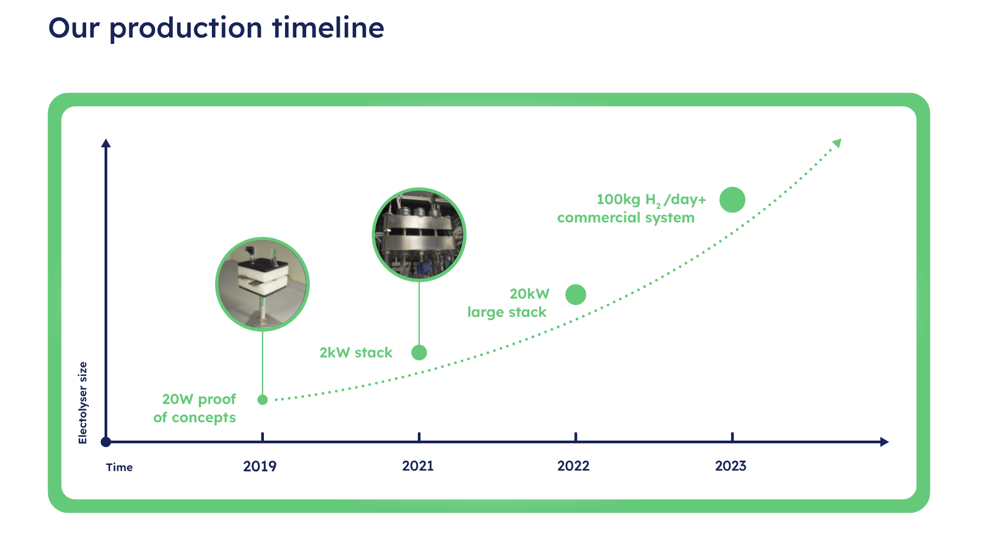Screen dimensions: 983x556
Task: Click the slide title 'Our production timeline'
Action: tap(216, 28)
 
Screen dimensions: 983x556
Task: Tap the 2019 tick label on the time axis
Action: tap(260, 466)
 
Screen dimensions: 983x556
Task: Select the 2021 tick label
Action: tap(418, 466)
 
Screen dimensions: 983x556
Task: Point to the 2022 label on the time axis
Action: tap(573, 466)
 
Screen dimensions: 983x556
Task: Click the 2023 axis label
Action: tap(730, 466)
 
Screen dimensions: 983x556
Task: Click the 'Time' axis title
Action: tap(119, 467)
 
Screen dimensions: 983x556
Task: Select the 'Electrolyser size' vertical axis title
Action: tap(82, 403)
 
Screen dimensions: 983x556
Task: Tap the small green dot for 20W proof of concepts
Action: tap(263, 400)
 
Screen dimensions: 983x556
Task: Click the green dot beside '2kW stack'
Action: tap(419, 353)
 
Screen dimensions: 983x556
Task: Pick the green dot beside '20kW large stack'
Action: tap(575, 295)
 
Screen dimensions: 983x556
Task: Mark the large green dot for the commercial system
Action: tap(733, 200)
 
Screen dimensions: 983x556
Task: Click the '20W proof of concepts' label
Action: tap(195, 408)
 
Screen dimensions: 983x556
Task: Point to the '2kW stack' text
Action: tap(356, 353)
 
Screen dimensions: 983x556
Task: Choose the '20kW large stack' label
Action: tap(508, 303)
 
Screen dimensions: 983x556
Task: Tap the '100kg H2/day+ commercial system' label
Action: tap(632, 209)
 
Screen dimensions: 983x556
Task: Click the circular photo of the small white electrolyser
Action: tap(262, 284)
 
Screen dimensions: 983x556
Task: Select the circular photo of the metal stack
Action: tap(419, 235)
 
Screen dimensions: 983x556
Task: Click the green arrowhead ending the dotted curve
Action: tap(837, 143)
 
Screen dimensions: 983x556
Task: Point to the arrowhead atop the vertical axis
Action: tap(106, 143)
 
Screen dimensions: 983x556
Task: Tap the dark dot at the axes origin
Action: tap(106, 442)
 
